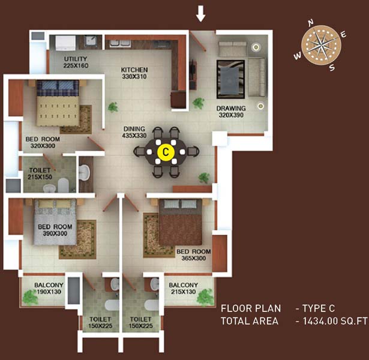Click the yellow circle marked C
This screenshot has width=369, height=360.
pos(166,152)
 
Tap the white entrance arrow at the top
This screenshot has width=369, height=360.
pos(201,14)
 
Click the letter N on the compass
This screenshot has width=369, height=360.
pos(311,22)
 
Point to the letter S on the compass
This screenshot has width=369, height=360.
pos(332,68)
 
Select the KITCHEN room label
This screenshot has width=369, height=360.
pos(134,70)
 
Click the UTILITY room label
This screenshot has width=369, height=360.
pos(76,59)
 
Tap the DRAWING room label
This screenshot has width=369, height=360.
pos(231,109)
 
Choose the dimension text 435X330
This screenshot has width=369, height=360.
pos(134,136)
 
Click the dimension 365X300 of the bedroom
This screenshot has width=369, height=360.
pos(194,258)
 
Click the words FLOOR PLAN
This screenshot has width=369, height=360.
pos(251,308)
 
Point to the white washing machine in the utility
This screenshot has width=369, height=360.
pos(65,43)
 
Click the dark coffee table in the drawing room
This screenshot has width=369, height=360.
pos(231,79)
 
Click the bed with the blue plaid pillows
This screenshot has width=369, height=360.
pos(58,103)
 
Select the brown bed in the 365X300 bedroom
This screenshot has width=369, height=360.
pos(181,222)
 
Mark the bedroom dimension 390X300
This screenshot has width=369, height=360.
pos(55,233)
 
